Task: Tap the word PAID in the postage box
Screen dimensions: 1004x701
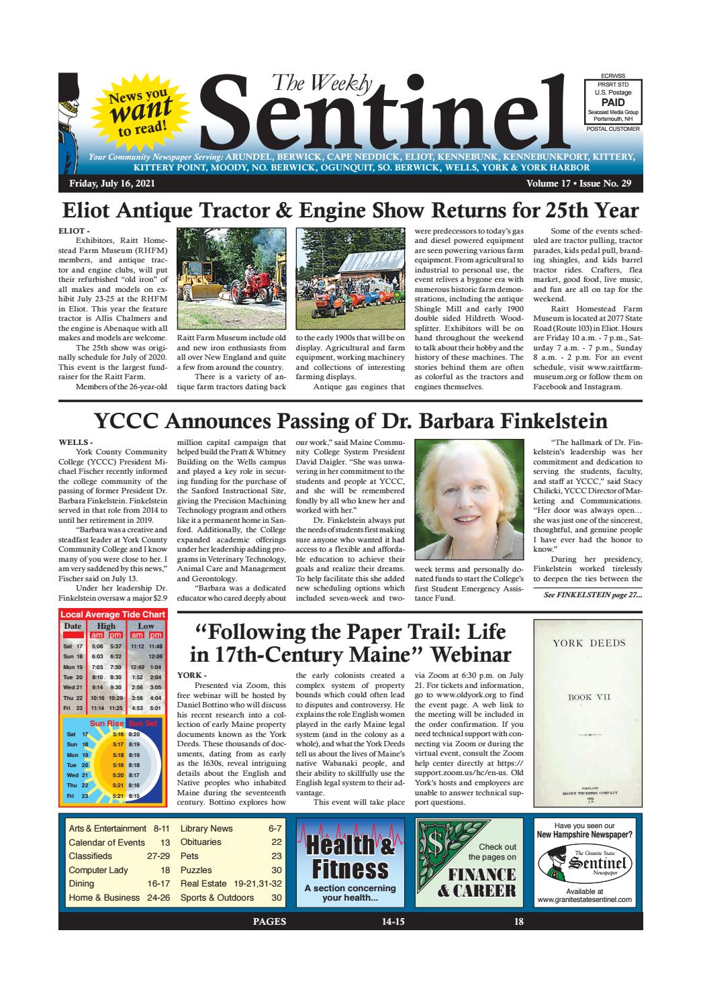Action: (x=613, y=101)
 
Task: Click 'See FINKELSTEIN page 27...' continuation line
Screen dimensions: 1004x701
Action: (x=592, y=594)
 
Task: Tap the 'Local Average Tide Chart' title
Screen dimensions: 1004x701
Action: (x=113, y=614)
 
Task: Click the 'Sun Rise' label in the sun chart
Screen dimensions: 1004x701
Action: (x=107, y=723)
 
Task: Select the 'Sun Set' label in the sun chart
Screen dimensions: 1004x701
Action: (x=143, y=723)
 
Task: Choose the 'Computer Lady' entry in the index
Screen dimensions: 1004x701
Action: (x=94, y=870)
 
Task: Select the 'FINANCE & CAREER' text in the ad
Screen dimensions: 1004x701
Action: (x=477, y=882)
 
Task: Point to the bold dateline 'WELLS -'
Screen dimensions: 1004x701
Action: (x=75, y=442)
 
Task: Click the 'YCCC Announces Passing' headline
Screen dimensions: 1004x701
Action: (x=350, y=421)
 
